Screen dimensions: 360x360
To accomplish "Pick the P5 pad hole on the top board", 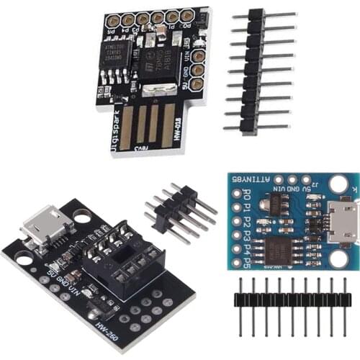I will (111, 21).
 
